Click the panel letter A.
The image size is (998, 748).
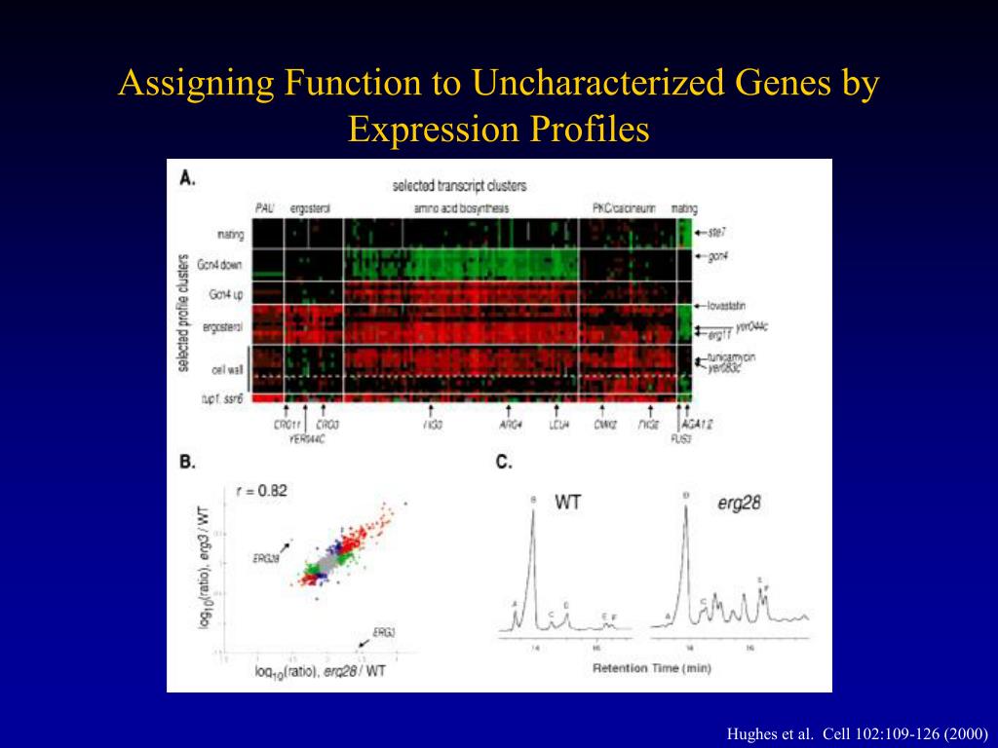click(187, 178)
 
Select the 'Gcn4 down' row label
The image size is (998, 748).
click(221, 264)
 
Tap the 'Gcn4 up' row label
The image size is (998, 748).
click(226, 293)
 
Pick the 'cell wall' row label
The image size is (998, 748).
click(228, 369)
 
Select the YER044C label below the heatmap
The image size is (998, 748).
click(307, 438)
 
